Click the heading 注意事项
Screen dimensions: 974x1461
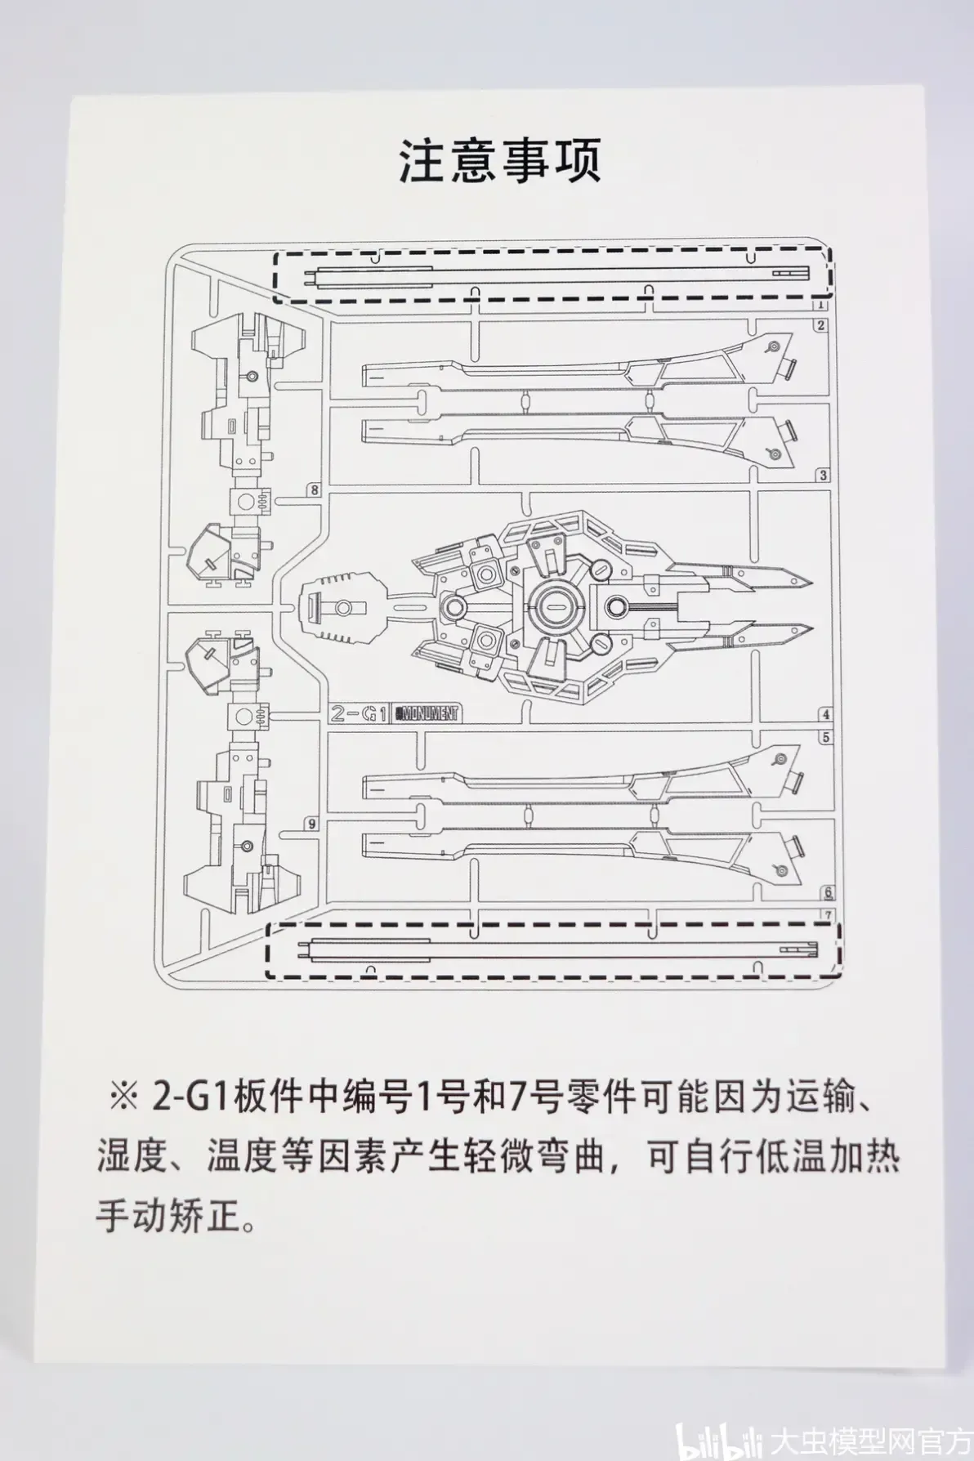point(499,161)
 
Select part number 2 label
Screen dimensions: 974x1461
point(820,326)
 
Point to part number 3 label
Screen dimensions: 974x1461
point(824,476)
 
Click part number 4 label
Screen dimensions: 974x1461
point(826,715)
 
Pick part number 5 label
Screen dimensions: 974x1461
point(826,737)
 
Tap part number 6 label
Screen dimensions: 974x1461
point(828,893)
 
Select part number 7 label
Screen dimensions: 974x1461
point(828,914)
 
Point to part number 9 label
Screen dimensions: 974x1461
point(311,824)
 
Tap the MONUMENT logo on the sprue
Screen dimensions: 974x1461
point(427,713)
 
